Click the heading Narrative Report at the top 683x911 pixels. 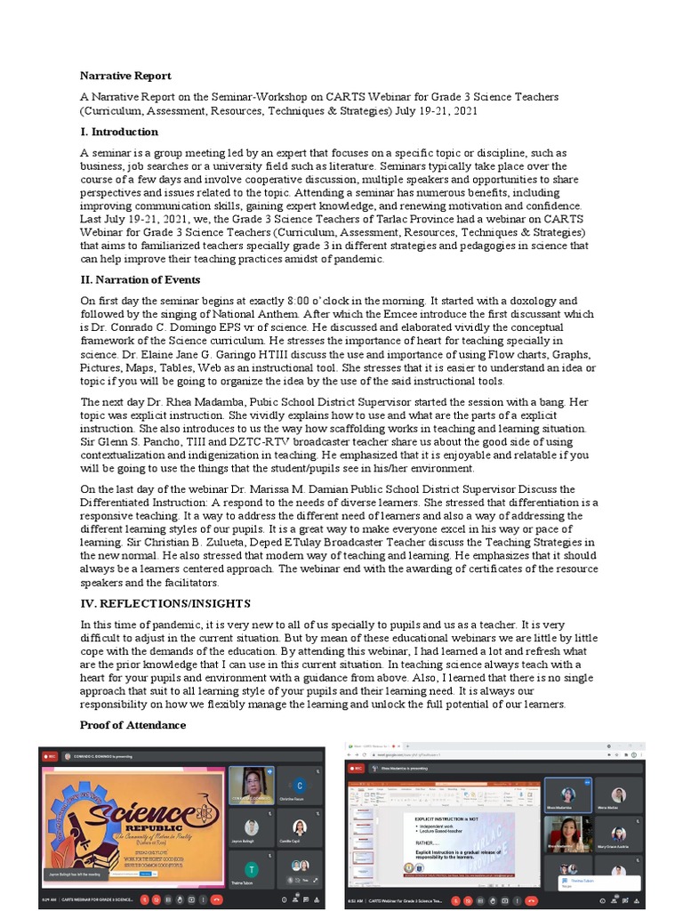125,76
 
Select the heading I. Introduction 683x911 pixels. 119,131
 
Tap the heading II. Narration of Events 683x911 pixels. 140,279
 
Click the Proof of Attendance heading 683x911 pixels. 133,725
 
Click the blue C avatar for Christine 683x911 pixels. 301,786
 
